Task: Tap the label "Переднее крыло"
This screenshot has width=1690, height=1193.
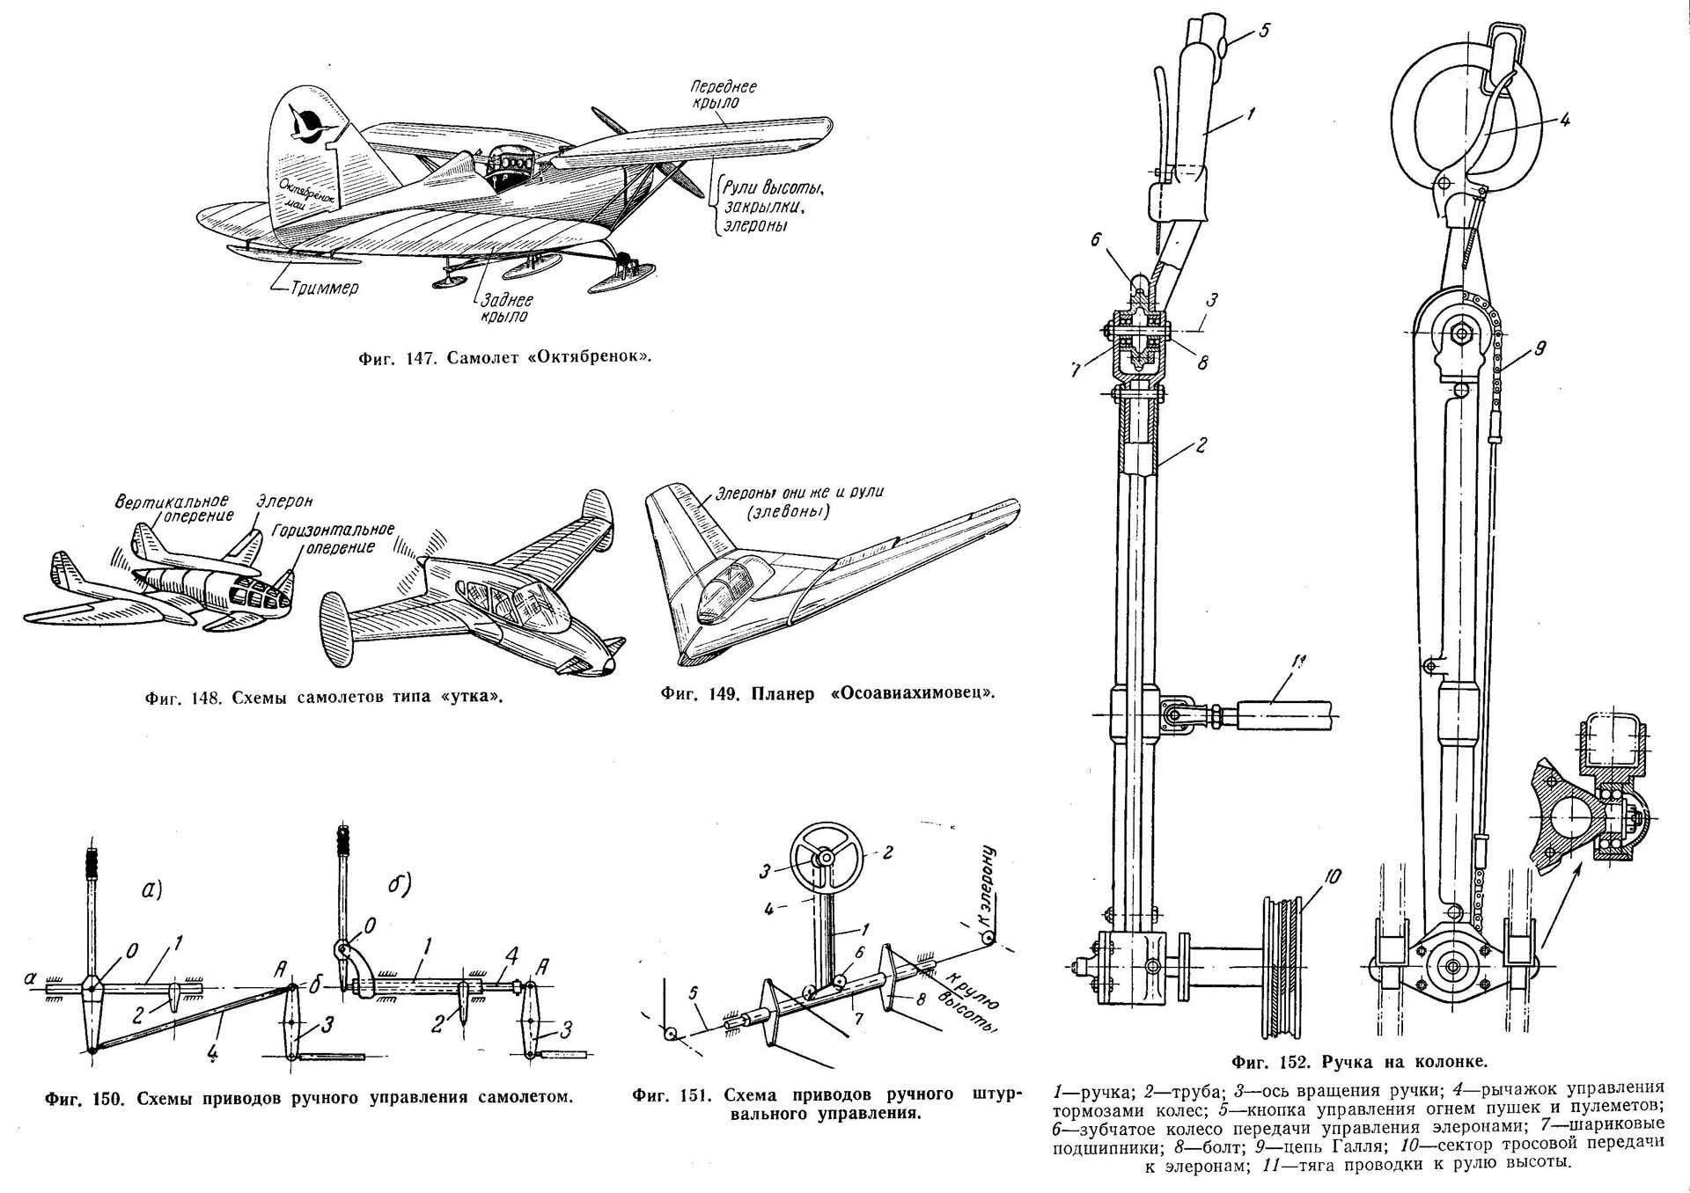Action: [723, 94]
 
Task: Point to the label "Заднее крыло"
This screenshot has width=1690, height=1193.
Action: [504, 307]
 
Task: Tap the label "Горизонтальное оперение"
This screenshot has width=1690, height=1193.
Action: [332, 538]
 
